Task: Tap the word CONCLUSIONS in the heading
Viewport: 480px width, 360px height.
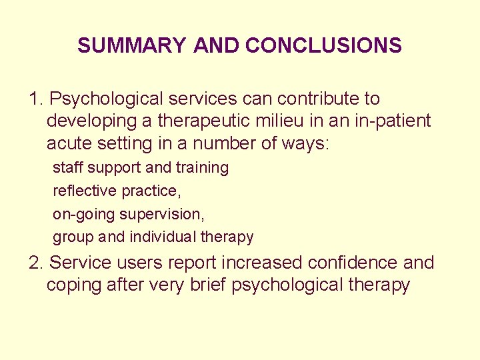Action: point(323,45)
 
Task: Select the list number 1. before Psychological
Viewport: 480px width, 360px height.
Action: point(37,99)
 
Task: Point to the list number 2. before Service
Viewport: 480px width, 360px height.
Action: point(37,263)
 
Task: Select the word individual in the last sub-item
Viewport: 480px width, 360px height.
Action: point(162,237)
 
